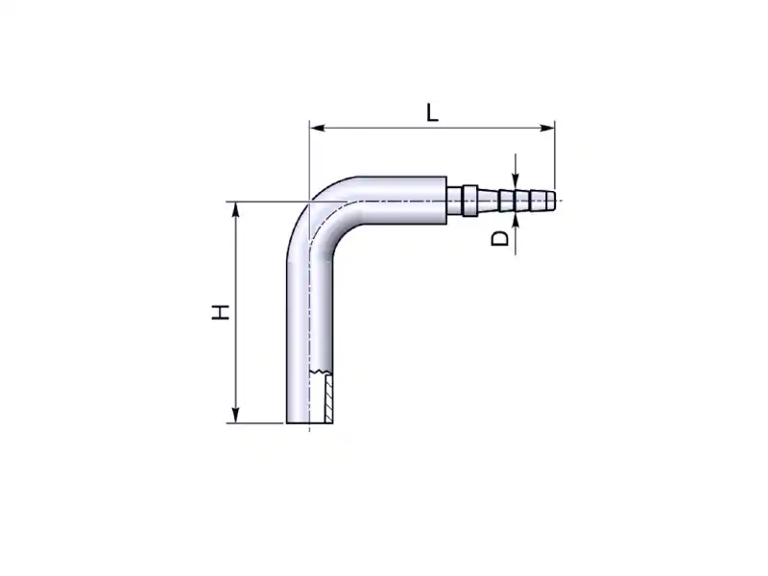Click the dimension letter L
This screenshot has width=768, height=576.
pos(431,112)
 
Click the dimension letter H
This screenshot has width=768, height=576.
pos(221,312)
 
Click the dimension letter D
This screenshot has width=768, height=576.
pos(500,238)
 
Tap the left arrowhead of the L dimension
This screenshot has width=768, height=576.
pos(318,128)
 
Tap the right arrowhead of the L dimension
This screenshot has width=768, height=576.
pos(546,128)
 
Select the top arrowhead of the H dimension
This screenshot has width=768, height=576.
pos(235,209)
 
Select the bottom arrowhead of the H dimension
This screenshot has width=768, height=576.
pos(235,416)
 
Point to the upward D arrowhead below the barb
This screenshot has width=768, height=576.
pos(516,221)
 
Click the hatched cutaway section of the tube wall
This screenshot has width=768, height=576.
pos(328,397)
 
